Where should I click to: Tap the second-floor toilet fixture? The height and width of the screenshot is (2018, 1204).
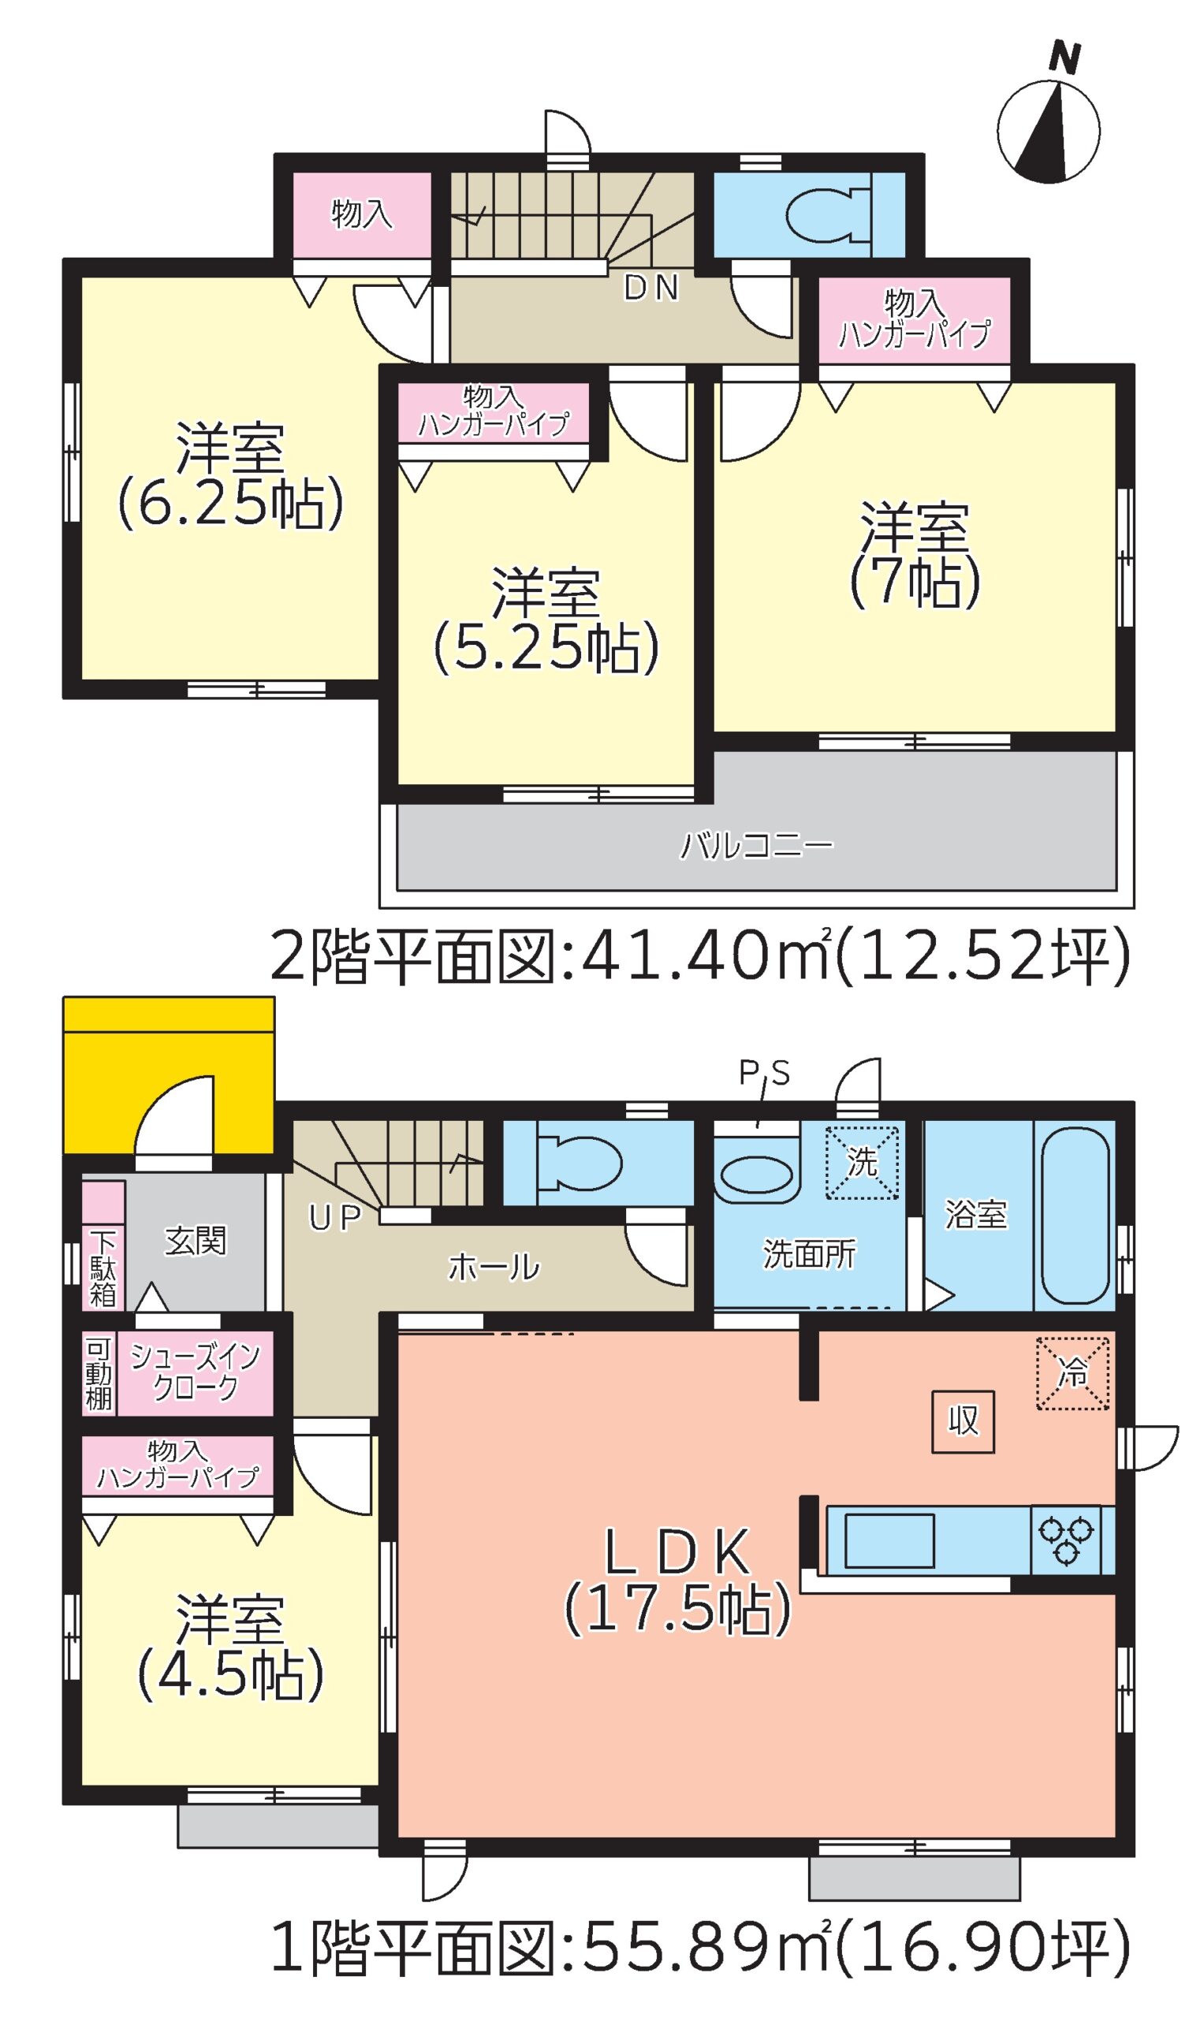(x=827, y=215)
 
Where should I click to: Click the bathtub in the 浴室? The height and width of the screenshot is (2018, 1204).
(x=1075, y=1214)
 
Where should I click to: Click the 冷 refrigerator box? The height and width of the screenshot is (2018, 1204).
(x=1072, y=1373)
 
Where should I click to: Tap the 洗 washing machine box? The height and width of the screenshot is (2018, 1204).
(x=862, y=1162)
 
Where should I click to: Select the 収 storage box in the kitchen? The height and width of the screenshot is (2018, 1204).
(x=963, y=1422)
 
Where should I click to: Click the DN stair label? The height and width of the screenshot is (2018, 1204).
(x=650, y=288)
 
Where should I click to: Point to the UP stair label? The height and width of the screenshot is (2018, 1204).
(x=334, y=1216)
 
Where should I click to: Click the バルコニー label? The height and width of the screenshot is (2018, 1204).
(x=756, y=845)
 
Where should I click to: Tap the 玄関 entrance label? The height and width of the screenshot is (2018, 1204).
(x=196, y=1240)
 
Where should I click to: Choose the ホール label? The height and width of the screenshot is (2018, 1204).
(x=494, y=1266)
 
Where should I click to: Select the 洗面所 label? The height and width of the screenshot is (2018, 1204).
(x=809, y=1254)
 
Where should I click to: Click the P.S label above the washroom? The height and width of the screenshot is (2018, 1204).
(x=764, y=1073)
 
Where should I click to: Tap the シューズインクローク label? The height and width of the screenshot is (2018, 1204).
(x=195, y=1371)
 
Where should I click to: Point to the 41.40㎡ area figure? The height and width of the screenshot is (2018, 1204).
(x=699, y=956)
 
